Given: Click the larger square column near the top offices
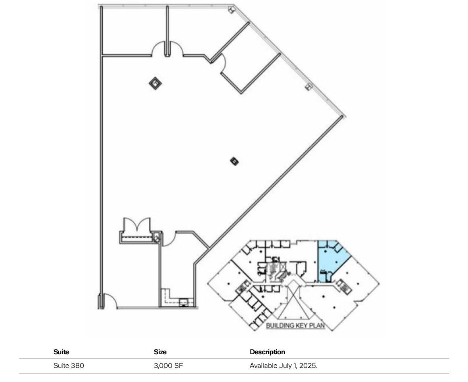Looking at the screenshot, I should pyautogui.click(x=155, y=83).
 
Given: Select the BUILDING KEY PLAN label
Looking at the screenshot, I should pyautogui.click(x=295, y=325).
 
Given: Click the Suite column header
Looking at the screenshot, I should pyautogui.click(x=61, y=352).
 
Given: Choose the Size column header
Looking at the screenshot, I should pyautogui.click(x=160, y=352).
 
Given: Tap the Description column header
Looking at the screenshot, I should pyautogui.click(x=267, y=352).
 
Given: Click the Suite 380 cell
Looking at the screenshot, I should pyautogui.click(x=68, y=366).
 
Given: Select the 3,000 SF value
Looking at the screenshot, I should pyautogui.click(x=168, y=366).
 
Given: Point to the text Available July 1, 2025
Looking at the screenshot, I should pyautogui.click(x=283, y=366).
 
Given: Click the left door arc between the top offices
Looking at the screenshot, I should pyautogui.click(x=158, y=50).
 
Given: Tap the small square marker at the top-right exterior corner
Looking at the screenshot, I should pyautogui.click(x=231, y=9).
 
